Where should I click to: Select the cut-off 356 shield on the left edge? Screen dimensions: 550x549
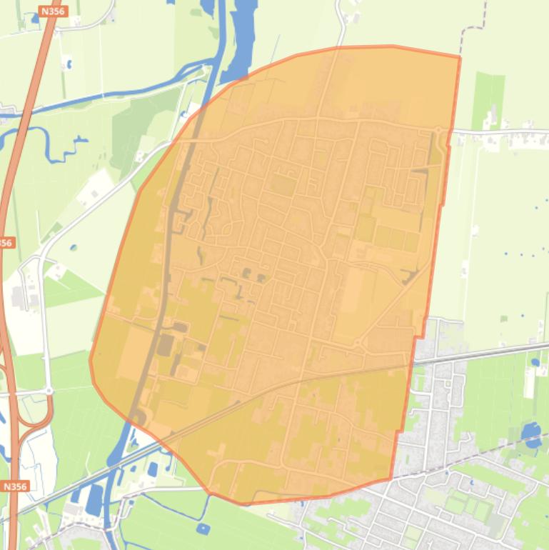(x=6, y=243)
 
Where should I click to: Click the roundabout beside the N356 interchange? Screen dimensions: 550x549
(x=49, y=391)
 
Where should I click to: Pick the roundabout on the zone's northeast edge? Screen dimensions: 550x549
(x=438, y=130)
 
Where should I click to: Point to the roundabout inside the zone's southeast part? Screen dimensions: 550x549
(x=357, y=345)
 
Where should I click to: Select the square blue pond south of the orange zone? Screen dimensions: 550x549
(x=203, y=529)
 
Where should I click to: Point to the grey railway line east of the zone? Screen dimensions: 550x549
(x=485, y=351)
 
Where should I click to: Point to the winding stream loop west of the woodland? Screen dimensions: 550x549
(x=50, y=143)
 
